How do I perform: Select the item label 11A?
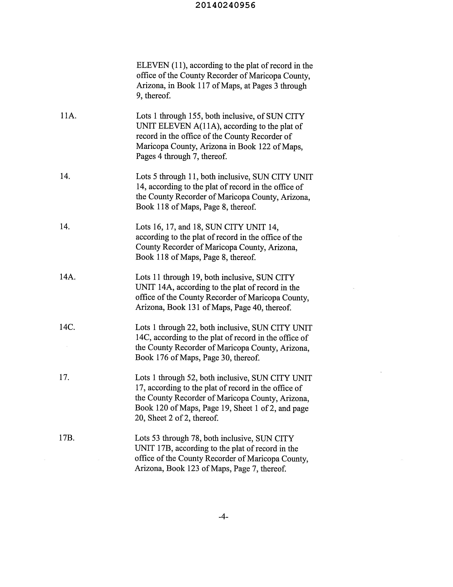pos(68,116)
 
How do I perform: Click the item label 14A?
pos(67,277)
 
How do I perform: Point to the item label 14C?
pos(67,327)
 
